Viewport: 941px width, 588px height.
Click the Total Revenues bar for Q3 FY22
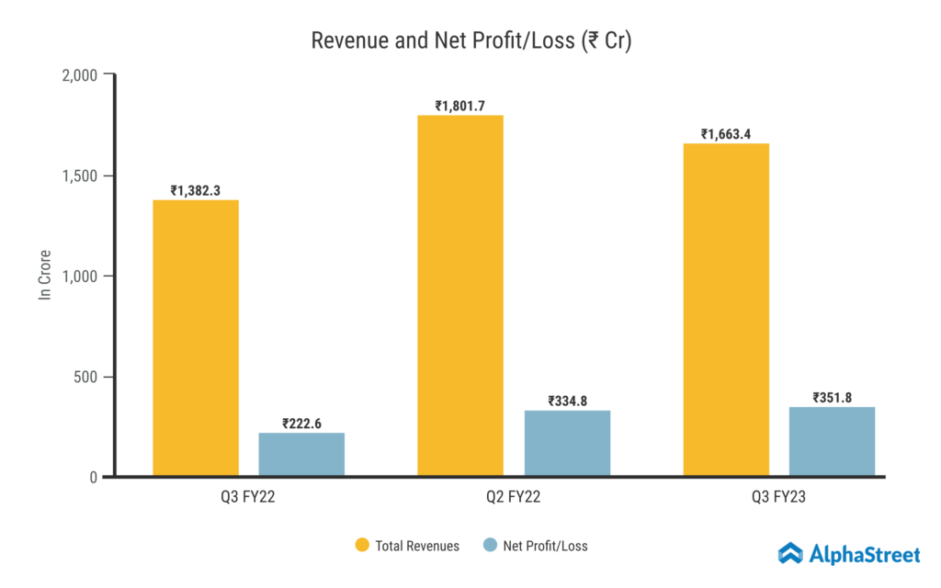pyautogui.click(x=196, y=338)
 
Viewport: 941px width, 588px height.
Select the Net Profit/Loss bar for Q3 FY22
pyautogui.click(x=301, y=454)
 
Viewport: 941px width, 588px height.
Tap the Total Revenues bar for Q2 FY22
pyautogui.click(x=460, y=296)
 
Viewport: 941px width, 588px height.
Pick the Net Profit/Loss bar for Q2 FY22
pyautogui.click(x=567, y=443)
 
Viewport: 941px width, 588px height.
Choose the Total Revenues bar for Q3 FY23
pyautogui.click(x=726, y=310)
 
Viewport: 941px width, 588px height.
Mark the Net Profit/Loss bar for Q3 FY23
pyautogui.click(x=832, y=441)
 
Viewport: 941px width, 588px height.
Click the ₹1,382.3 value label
pyautogui.click(x=196, y=190)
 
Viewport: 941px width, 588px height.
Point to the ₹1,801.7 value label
pyautogui.click(x=460, y=106)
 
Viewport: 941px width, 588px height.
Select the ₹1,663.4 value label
pyautogui.click(x=726, y=134)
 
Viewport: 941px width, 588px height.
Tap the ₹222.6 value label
pyautogui.click(x=301, y=424)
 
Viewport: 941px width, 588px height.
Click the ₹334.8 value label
pyautogui.click(x=567, y=401)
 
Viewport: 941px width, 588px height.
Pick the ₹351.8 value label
pyautogui.click(x=832, y=398)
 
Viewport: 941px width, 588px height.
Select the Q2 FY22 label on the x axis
pyautogui.click(x=514, y=499)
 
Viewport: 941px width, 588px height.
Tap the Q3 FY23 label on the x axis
pyautogui.click(x=778, y=499)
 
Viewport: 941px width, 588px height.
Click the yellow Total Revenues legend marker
pyautogui.click(x=362, y=546)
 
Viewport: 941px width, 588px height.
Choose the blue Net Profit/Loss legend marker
pyautogui.click(x=490, y=546)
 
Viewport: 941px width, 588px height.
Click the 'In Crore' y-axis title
pyautogui.click(x=44, y=275)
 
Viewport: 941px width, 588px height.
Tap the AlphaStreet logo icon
pyautogui.click(x=791, y=553)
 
